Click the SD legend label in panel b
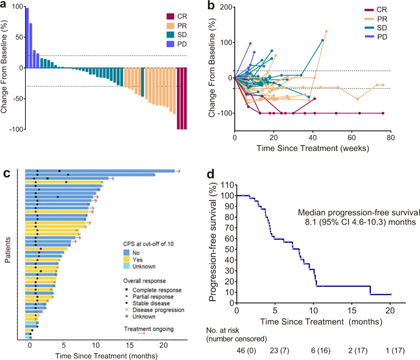[x=381, y=28]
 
